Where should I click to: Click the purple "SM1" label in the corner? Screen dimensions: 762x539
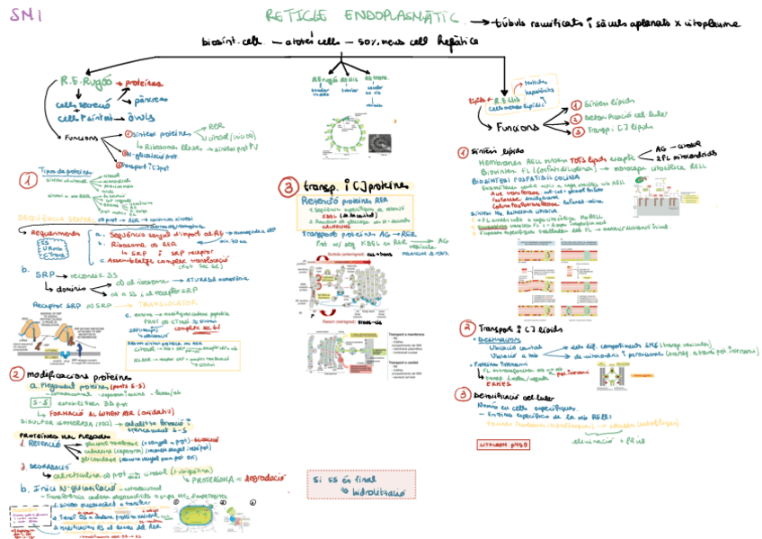coord(21,14)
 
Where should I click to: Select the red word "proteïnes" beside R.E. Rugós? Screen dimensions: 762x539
coord(143,82)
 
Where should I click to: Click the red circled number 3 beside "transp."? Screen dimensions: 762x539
coord(288,187)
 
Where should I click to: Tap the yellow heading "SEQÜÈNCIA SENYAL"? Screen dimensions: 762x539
coord(56,217)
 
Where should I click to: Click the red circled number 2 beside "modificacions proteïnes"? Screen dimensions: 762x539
coord(17,373)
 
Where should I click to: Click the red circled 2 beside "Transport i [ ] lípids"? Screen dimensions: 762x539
coord(467,327)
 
